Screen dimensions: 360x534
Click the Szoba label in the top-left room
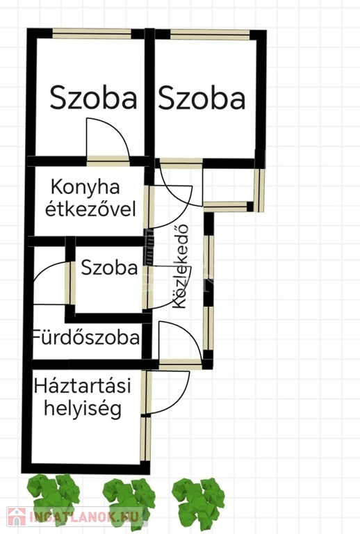pyautogui.click(x=93, y=98)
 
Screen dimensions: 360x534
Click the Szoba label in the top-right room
pyautogui.click(x=202, y=98)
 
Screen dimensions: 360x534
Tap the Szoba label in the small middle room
pyautogui.click(x=109, y=268)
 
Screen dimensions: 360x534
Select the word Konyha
pyautogui.click(x=85, y=187)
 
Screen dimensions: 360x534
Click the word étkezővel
pyautogui.click(x=90, y=209)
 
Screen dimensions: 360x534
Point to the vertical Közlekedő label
pyautogui.click(x=180, y=266)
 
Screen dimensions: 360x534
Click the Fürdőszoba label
pyautogui.click(x=85, y=337)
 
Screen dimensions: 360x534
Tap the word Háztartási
pyautogui.click(x=82, y=386)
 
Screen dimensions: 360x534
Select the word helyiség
pyautogui.click(x=83, y=409)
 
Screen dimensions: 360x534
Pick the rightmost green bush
pyautogui.click(x=198, y=499)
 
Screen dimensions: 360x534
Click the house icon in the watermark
pyautogui.click(x=17, y=517)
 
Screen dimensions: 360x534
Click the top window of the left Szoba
pyautogui.click(x=92, y=33)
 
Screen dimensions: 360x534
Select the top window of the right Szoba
pyautogui.click(x=210, y=34)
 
